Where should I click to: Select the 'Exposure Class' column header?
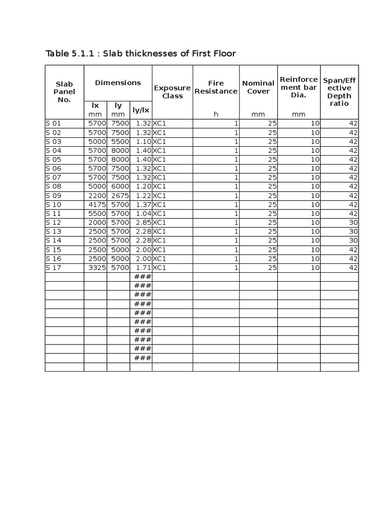[172, 92]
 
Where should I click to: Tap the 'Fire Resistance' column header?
[216, 87]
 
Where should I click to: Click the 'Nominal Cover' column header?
[258, 87]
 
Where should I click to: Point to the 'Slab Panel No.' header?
[64, 92]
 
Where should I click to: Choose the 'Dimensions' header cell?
[118, 83]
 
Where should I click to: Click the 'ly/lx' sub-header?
[141, 110]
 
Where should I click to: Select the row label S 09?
[53, 196]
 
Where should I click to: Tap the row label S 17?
[53, 267]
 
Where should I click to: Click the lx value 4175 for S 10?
[97, 205]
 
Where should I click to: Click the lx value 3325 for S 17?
[97, 267]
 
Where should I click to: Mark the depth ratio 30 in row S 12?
[353, 222]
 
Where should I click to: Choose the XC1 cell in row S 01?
[159, 124]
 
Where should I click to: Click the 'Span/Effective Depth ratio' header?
[339, 92]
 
